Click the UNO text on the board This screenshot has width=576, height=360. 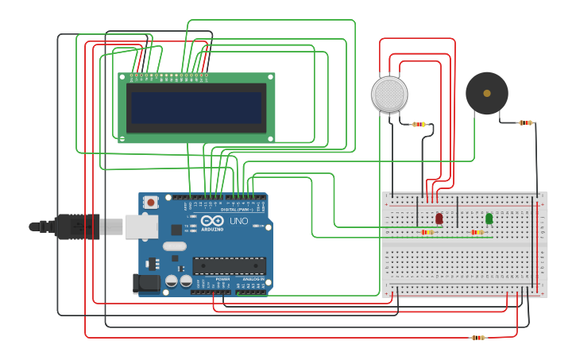tap(239, 221)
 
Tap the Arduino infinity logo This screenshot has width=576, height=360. tap(212, 220)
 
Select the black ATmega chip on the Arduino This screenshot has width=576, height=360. tap(229, 265)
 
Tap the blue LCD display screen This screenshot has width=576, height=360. tap(196, 107)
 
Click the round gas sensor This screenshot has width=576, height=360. tap(389, 95)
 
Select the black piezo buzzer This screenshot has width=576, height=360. tap(486, 93)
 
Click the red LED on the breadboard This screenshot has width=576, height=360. tap(439, 218)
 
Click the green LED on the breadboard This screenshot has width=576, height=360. tap(489, 218)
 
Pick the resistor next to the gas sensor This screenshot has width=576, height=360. tap(419, 124)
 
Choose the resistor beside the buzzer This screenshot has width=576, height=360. tap(525, 122)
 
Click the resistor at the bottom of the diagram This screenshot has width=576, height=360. tap(477, 338)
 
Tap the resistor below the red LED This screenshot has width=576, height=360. tap(427, 232)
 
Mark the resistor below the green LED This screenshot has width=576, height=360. tap(477, 232)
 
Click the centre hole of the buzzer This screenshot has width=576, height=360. tap(486, 93)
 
